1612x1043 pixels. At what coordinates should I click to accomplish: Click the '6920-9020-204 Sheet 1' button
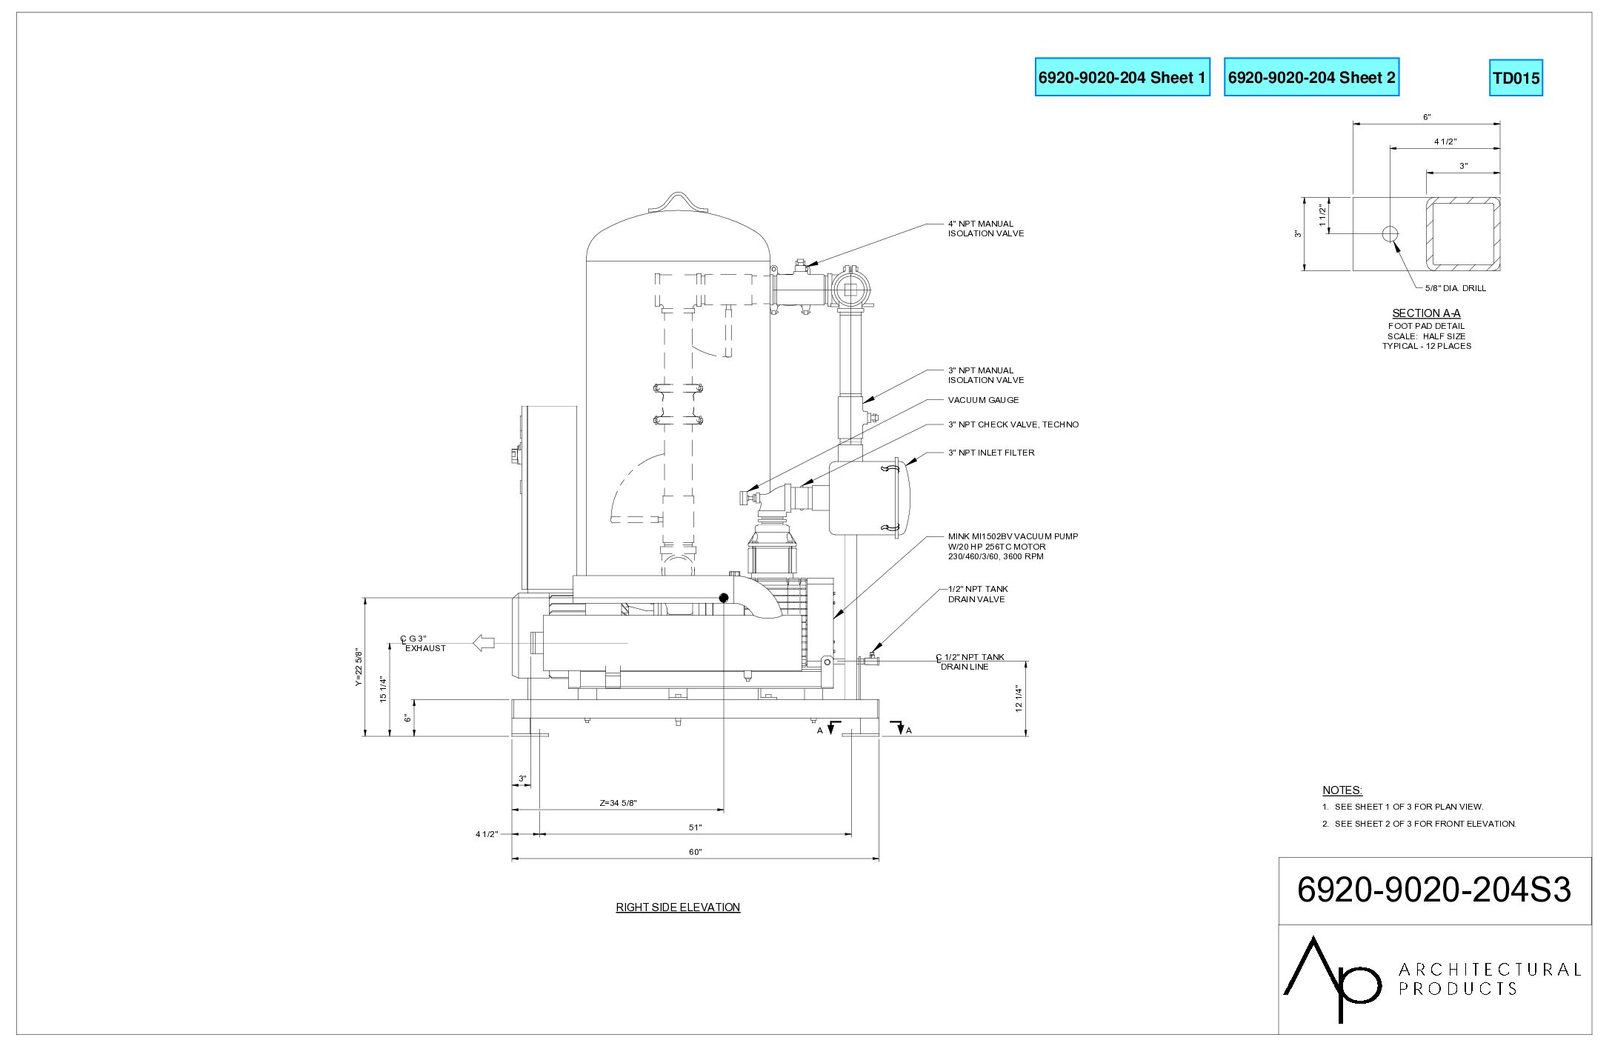click(1122, 77)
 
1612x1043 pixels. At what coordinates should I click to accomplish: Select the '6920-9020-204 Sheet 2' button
click(1311, 77)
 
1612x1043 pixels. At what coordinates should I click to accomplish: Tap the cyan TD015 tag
click(1516, 78)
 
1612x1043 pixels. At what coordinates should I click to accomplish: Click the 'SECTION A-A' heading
click(1426, 313)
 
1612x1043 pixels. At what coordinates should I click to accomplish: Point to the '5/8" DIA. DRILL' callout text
click(1456, 288)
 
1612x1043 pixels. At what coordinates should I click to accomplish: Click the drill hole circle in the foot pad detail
click(1390, 234)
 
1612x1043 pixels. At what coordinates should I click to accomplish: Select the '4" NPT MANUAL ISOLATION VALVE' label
click(986, 228)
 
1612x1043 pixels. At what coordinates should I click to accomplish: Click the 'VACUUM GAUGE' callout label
click(983, 400)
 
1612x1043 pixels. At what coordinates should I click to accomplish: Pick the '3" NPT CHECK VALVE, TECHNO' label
click(1013, 424)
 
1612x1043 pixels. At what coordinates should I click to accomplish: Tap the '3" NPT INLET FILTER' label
click(991, 453)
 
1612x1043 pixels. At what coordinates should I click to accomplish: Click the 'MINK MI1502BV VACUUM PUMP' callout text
click(1013, 536)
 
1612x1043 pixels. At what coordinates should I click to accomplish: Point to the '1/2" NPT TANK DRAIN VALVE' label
click(978, 594)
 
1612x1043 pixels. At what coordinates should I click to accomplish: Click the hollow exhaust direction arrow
click(484, 643)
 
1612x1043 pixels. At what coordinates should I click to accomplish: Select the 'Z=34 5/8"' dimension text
click(619, 803)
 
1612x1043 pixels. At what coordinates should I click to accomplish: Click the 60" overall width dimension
click(695, 852)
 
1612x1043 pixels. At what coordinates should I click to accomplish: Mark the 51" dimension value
click(695, 827)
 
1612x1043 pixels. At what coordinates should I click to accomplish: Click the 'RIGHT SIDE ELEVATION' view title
click(678, 907)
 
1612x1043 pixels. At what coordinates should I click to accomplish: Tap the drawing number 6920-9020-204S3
click(1434, 890)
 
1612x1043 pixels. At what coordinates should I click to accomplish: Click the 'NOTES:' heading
click(1342, 790)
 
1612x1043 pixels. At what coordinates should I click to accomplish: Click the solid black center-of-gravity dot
click(724, 598)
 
